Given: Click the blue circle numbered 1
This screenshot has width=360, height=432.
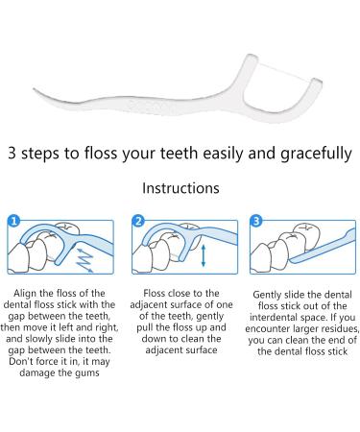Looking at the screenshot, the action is [13, 221].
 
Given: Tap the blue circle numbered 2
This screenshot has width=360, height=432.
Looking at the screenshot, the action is [138, 221].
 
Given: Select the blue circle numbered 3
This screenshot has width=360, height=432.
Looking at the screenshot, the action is [256, 221].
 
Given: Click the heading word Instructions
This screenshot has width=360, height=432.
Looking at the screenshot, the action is [180, 188].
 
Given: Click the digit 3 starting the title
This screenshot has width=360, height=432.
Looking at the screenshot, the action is [12, 153].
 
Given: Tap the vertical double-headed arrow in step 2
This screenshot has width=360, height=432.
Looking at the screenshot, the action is [204, 255].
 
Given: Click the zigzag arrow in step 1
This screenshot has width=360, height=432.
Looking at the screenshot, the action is [84, 260].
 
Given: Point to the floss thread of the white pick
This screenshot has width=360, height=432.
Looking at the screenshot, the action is [284, 72].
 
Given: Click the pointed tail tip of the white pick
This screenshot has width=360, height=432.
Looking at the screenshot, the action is [34, 89].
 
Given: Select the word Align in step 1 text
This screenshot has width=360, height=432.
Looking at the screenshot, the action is [25, 294].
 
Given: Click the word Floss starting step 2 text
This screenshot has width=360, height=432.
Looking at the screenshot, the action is [155, 293].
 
